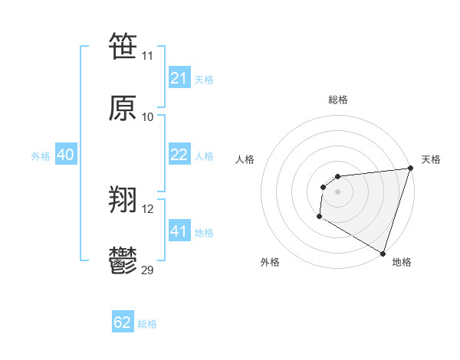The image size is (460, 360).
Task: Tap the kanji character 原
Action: [123, 108]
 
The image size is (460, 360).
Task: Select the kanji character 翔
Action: [123, 200]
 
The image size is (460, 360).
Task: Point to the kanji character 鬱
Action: [123, 260]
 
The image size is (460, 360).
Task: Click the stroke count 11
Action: [148, 55]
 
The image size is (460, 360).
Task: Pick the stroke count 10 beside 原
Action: [148, 117]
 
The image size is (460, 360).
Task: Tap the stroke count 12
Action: [148, 209]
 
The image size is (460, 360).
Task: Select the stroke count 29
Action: [148, 270]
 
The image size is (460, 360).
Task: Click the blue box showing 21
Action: [179, 78]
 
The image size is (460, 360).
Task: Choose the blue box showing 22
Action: [179, 155]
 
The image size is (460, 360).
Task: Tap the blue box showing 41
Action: [179, 231]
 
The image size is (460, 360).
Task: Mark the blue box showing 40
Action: [66, 155]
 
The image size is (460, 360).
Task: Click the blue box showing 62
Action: [123, 322]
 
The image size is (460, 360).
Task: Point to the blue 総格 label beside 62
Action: [147, 324]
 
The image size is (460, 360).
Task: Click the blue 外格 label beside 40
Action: [41, 156]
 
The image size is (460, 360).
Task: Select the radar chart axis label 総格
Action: [337, 100]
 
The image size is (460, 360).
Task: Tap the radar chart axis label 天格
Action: [431, 159]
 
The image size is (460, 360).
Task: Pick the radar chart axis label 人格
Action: [245, 159]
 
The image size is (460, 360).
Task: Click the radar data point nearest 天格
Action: [410, 169]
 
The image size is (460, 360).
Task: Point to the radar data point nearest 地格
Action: [383, 253]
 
